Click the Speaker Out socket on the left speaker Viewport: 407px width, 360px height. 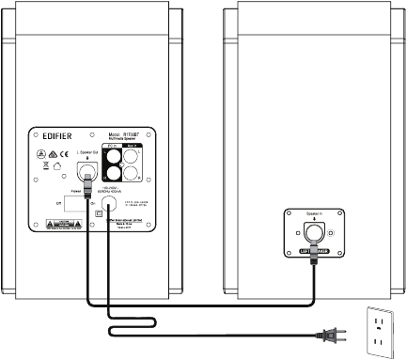click(x=87, y=169)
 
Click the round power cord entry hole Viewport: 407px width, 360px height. click(x=110, y=200)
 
